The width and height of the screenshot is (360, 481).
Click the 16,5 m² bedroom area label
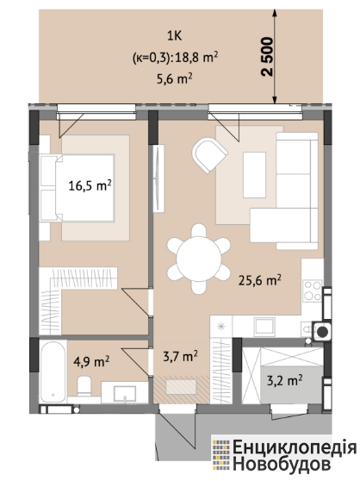point(90,186)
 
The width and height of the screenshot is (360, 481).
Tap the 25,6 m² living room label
point(260,280)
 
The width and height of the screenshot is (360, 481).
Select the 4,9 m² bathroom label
point(91,361)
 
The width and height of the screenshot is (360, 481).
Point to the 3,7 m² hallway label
point(180,356)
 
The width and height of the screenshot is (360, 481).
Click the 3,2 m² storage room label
point(285,380)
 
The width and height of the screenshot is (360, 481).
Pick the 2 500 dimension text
point(267,57)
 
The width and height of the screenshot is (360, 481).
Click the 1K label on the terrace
point(174,36)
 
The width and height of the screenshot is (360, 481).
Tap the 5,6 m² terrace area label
point(174,79)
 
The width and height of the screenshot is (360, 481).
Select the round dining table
point(199,259)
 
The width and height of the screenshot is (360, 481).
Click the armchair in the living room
point(209,155)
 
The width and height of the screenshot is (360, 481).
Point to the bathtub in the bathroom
point(53,372)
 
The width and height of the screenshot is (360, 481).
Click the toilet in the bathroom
point(84,386)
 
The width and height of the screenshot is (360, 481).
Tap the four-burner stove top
point(313,290)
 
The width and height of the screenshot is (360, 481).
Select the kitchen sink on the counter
point(264,326)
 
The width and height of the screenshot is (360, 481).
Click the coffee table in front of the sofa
point(254,175)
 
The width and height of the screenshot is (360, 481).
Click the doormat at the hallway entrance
point(181,387)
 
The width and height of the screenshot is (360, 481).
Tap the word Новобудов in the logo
point(282,464)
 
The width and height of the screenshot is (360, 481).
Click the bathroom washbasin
point(124,394)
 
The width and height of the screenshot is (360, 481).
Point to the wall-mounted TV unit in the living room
point(158,178)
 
